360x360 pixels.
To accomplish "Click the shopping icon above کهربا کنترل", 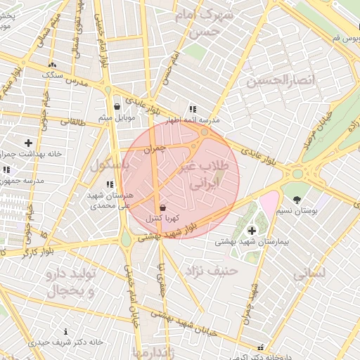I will tap(163, 208).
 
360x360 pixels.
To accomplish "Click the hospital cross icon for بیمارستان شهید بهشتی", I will tap(252, 231).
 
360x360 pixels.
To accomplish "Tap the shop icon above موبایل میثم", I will tap(117, 107).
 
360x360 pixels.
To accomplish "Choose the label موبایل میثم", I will tap(116, 117).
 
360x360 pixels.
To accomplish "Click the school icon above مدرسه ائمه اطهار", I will tap(193, 109).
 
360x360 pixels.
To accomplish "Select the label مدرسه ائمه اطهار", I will tap(193, 120).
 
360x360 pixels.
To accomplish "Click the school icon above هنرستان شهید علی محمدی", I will tap(109, 184).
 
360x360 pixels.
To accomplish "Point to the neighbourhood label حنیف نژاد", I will tap(212, 270).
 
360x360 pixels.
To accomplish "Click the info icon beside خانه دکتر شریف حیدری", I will tap(66, 331).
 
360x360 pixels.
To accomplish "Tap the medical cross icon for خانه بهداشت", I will tap(28, 143).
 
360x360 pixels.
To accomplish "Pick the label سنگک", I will tap(53, 74).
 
